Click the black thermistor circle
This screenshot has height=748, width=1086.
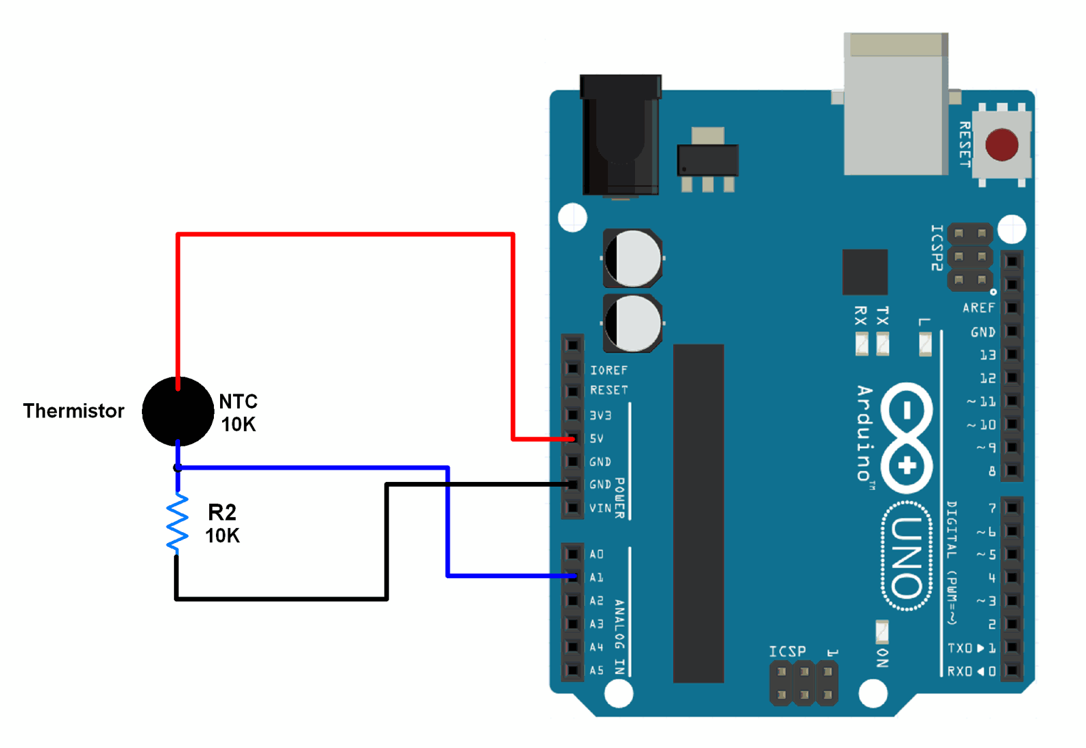pyautogui.click(x=178, y=411)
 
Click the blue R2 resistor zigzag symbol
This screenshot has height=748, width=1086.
pyautogui.click(x=177, y=523)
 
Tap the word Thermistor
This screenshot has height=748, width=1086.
pyautogui.click(x=73, y=411)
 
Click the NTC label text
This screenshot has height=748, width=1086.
pyautogui.click(x=238, y=401)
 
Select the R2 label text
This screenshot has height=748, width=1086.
pyautogui.click(x=222, y=512)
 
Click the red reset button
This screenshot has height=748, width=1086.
pyautogui.click(x=1001, y=145)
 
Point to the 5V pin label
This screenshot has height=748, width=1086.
pyautogui.click(x=596, y=438)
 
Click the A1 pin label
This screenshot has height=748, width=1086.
pyautogui.click(x=596, y=578)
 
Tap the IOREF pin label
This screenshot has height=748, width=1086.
pyautogui.click(x=609, y=370)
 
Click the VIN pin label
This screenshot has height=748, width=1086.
pyautogui.click(x=600, y=508)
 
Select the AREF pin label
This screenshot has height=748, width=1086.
pyautogui.click(x=978, y=308)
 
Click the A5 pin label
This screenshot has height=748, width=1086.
pyautogui.click(x=596, y=670)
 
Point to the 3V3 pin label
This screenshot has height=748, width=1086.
pyautogui.click(x=600, y=415)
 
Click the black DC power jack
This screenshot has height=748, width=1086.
pyautogui.click(x=620, y=136)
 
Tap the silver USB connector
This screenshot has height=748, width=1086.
pyautogui.click(x=895, y=105)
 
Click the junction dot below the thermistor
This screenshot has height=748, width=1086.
pyautogui.click(x=177, y=468)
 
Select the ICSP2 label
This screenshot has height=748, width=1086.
pyautogui.click(x=937, y=248)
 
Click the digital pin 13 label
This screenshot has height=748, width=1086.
pyautogui.click(x=988, y=355)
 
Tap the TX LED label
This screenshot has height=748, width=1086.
pyautogui.click(x=882, y=316)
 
